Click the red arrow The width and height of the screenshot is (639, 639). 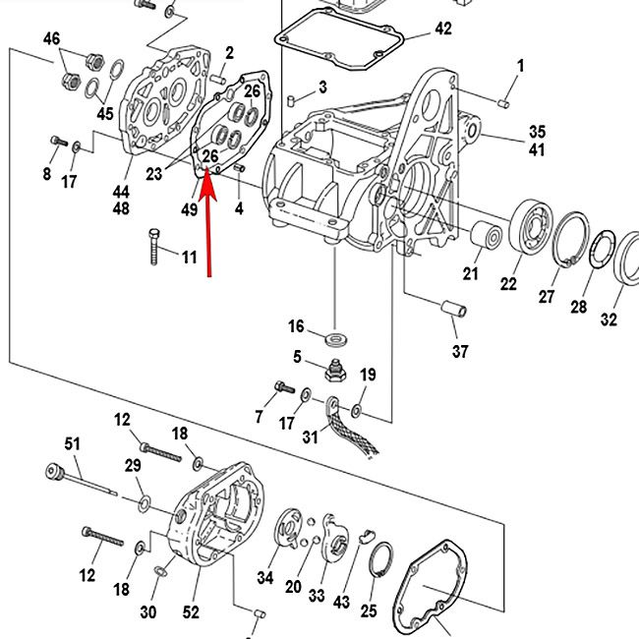207,226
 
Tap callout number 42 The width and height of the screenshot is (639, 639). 443,29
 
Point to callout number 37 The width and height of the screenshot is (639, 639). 460,351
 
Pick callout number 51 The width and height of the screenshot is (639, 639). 72,443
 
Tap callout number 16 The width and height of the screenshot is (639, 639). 296,326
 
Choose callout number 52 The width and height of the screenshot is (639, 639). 191,611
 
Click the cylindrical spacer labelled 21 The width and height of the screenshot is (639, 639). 485,236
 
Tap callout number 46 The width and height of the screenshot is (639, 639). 51,38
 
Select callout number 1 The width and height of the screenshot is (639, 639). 520,66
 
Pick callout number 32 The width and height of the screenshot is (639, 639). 610,319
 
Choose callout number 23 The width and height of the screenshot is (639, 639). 154,174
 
